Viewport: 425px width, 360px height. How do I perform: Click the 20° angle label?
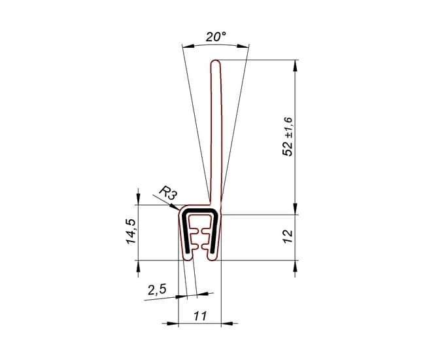[x=216, y=37]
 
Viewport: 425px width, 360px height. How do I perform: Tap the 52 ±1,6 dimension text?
[x=287, y=137]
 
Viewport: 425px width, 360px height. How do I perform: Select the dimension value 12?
[x=288, y=236]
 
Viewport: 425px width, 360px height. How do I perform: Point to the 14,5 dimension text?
[x=131, y=232]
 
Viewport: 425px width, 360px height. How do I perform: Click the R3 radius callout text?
[x=168, y=193]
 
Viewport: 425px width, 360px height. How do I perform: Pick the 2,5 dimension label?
[x=157, y=289]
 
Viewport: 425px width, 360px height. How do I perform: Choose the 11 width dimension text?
[x=200, y=316]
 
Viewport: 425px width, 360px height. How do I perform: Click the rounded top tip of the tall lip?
[x=216, y=61]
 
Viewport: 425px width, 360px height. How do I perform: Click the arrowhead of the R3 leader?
[x=175, y=207]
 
